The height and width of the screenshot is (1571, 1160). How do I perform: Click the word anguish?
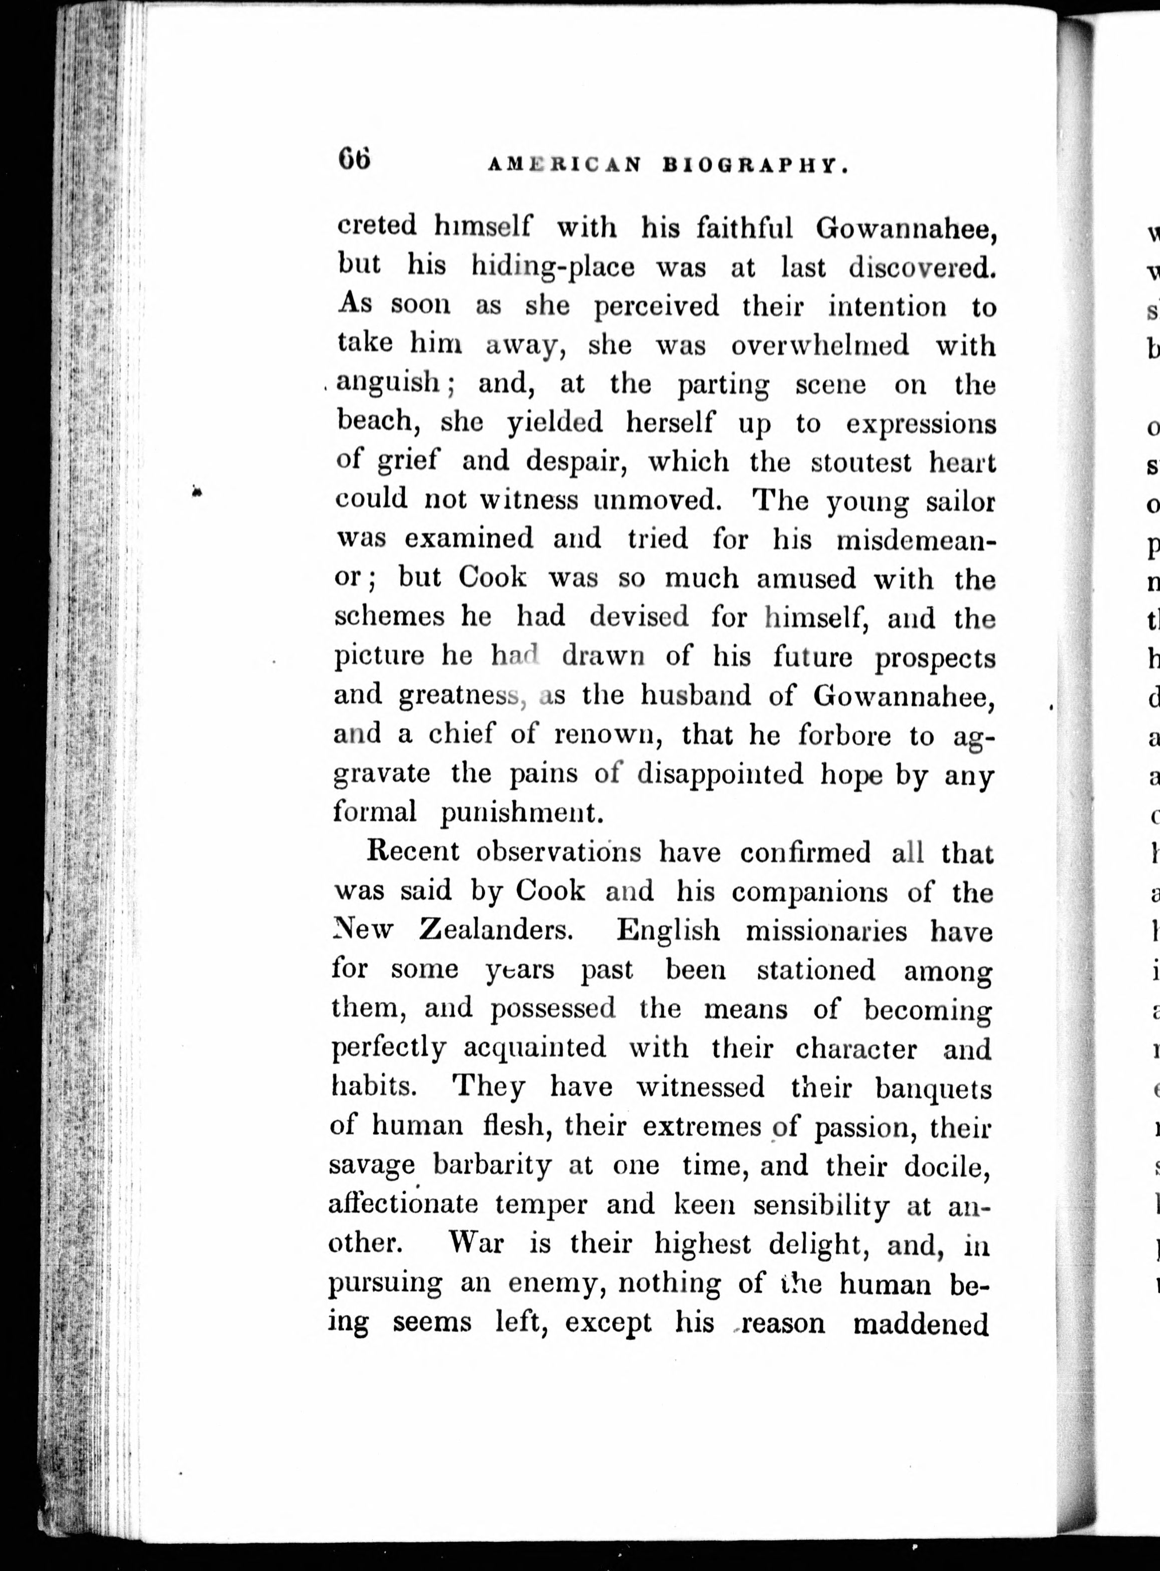[388, 383]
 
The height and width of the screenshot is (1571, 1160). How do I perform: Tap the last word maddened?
[921, 1323]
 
